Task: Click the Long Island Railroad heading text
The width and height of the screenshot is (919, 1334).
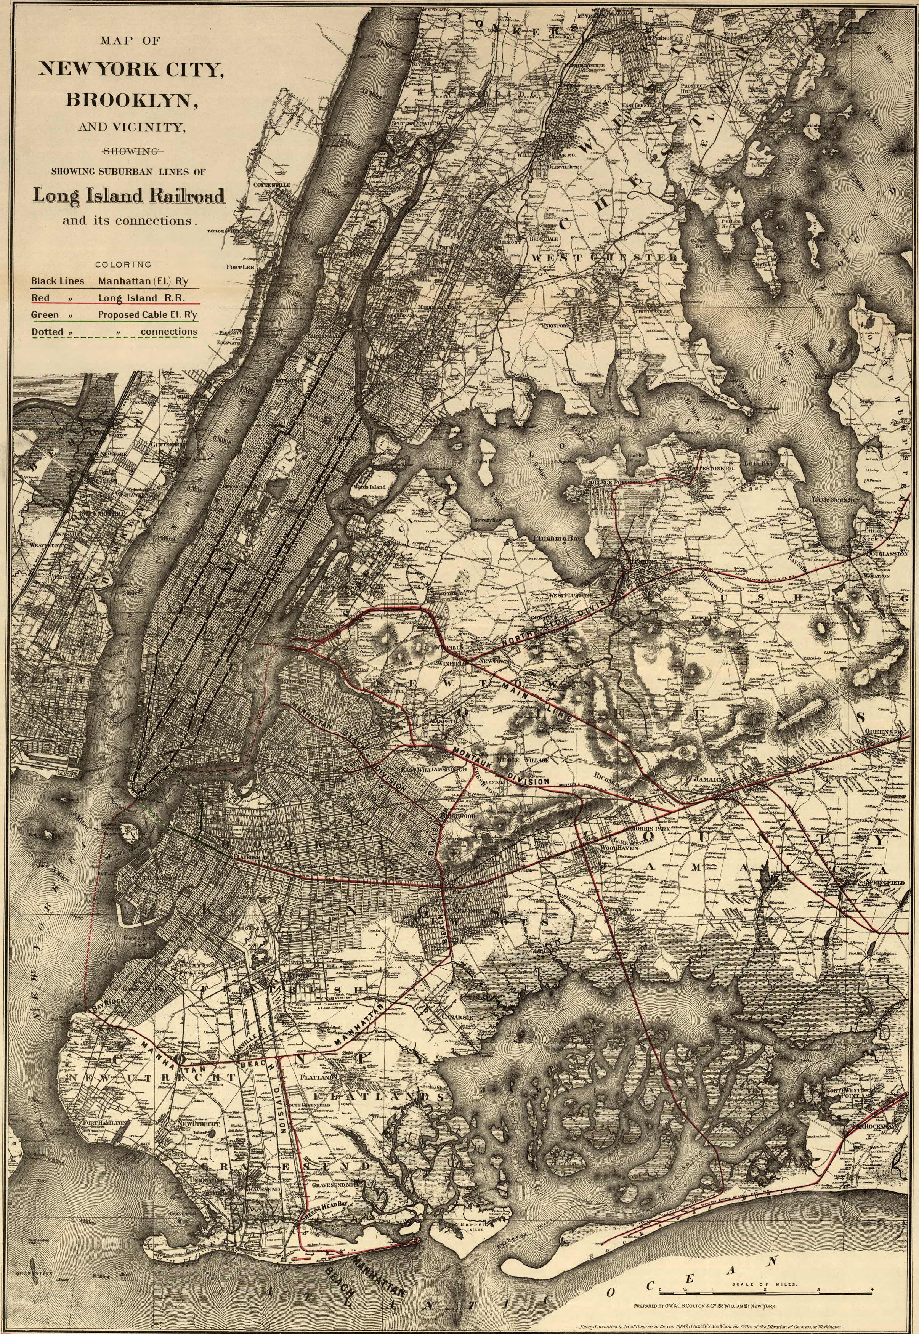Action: point(128,196)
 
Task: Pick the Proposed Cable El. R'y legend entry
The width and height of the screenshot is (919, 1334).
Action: point(147,315)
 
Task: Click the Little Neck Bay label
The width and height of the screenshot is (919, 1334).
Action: point(835,500)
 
